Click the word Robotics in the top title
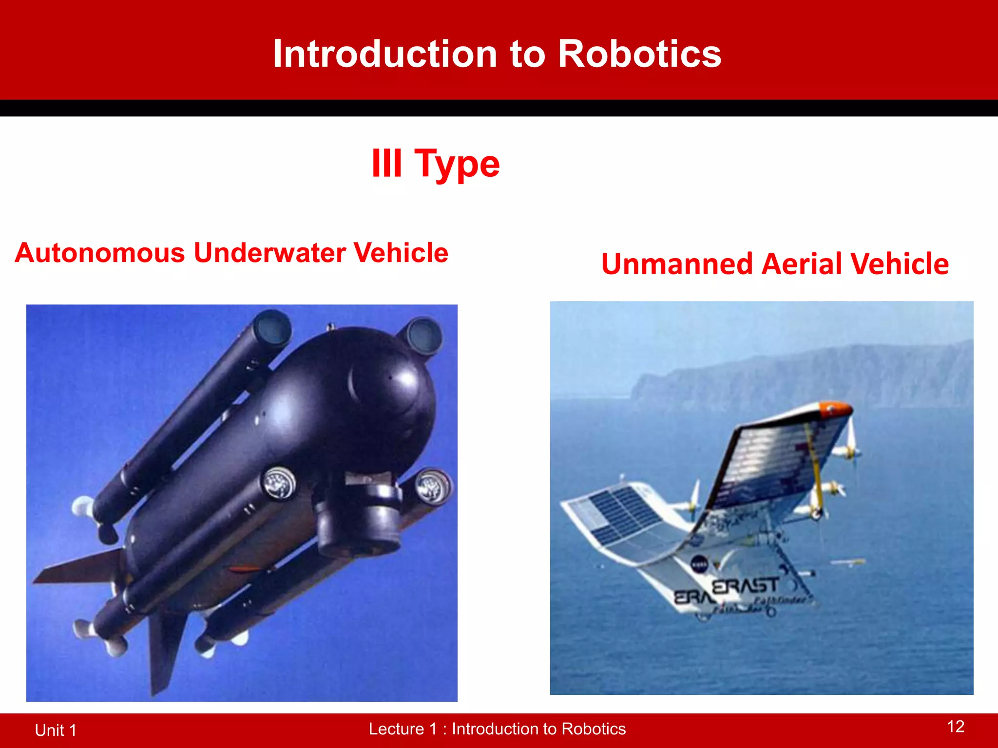coord(639,54)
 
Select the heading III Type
coord(435,164)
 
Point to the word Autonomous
coord(100,253)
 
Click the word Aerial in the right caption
coord(803,264)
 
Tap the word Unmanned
coord(677,264)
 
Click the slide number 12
coord(956,727)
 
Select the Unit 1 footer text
coord(56,730)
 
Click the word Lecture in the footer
coord(396,729)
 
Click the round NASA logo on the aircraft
coord(700,564)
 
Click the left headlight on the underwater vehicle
coord(279,483)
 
